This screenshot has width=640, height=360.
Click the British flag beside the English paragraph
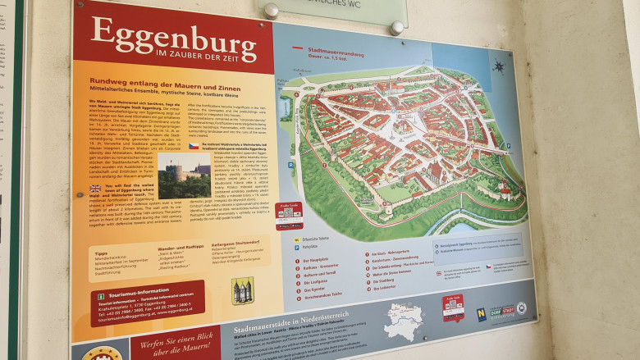tap(95, 188)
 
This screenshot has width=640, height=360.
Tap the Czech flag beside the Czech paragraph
tap(193, 146)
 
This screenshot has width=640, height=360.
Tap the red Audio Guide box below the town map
tap(289, 215)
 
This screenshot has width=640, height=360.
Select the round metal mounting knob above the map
tap(271, 11)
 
